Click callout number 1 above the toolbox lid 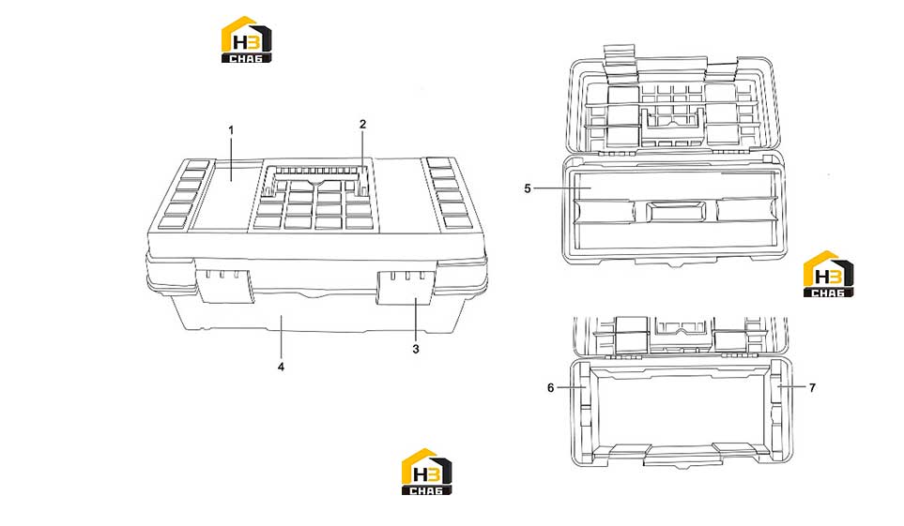(x=231, y=130)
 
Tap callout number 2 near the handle (x=362, y=124)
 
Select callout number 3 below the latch (x=416, y=349)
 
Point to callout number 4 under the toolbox (x=281, y=367)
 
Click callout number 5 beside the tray (x=527, y=188)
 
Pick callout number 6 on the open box (x=550, y=388)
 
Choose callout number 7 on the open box (x=812, y=388)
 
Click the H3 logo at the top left (x=246, y=39)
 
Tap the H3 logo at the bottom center (x=426, y=472)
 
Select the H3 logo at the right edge (x=828, y=274)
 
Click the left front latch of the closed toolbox (x=224, y=285)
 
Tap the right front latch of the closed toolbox (x=406, y=286)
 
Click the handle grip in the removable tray (x=676, y=211)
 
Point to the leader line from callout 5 (x=562, y=188)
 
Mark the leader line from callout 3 (x=416, y=319)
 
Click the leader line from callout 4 (x=281, y=337)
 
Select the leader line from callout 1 (x=231, y=159)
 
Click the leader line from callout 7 (x=792, y=387)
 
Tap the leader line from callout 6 (x=571, y=387)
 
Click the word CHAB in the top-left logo (x=246, y=58)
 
